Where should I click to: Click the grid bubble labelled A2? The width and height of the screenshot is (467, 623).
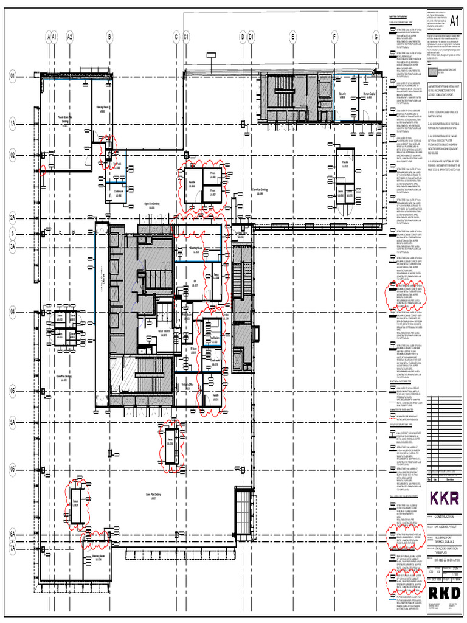coord(70,37)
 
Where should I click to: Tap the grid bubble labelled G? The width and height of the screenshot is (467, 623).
coord(376,37)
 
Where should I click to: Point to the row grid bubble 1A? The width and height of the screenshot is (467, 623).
coord(12,123)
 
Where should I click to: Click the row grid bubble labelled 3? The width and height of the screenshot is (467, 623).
coord(12,232)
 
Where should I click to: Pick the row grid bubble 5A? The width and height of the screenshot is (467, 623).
coord(12,421)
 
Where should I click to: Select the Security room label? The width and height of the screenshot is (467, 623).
coord(342,96)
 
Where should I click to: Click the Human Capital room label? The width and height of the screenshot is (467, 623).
coord(368,96)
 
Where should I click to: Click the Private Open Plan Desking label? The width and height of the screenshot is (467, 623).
coord(65,119)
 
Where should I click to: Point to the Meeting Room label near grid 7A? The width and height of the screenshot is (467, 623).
coord(99,557)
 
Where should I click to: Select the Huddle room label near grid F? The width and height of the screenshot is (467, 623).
coord(345,164)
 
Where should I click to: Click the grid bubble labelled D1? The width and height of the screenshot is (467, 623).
coord(251,37)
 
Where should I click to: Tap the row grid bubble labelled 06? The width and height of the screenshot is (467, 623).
coord(12,469)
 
